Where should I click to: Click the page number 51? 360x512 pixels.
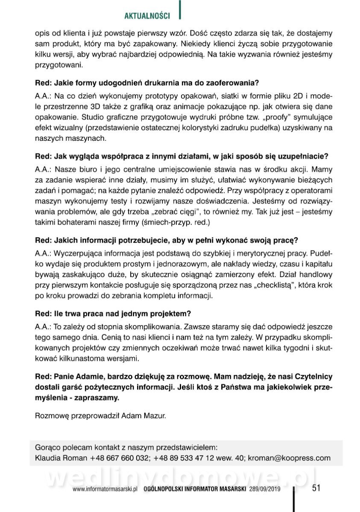316,488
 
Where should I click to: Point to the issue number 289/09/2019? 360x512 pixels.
264,490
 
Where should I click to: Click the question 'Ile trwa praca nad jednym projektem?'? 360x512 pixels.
113,314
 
